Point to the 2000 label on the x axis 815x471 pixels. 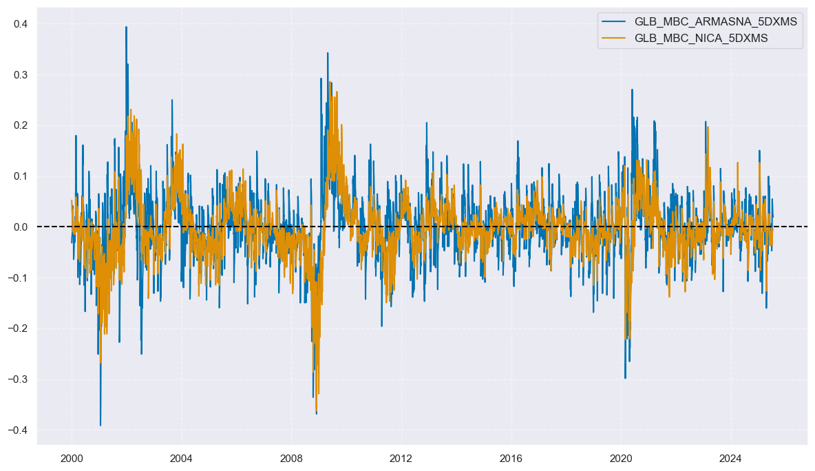tap(72, 458)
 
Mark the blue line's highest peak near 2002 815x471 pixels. tap(126, 27)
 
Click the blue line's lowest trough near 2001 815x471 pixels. tap(100, 426)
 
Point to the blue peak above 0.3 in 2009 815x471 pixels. tap(328, 53)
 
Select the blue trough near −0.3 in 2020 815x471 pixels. tap(625, 378)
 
